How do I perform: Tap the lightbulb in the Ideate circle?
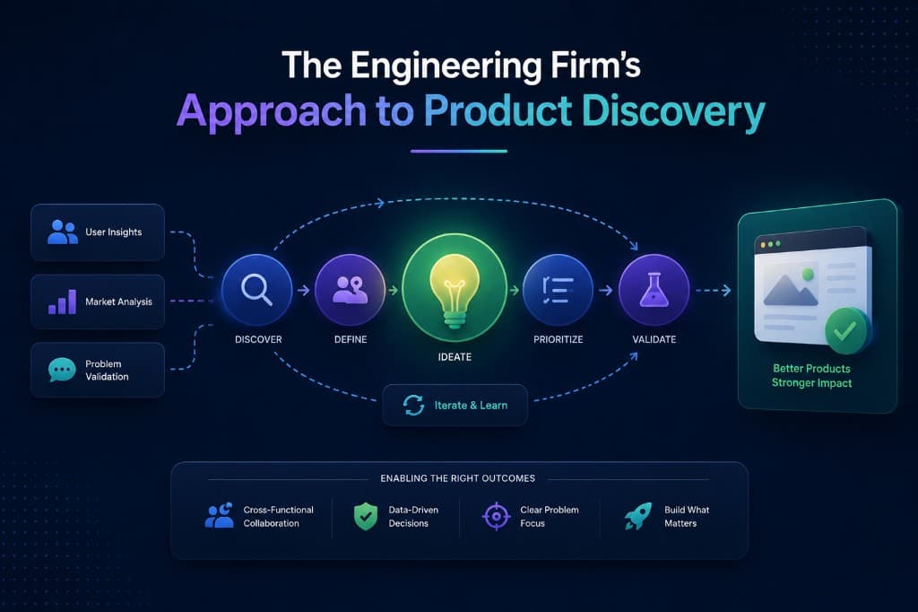click(455, 292)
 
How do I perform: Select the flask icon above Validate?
click(654, 290)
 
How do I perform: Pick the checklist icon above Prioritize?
click(558, 290)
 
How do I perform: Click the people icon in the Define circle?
click(351, 290)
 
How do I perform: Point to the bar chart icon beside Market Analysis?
click(62, 302)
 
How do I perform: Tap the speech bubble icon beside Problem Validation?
click(62, 370)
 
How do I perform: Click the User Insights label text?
click(114, 232)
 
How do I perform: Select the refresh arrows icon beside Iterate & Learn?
click(413, 405)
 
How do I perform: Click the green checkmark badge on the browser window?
click(844, 331)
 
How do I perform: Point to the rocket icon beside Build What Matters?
click(638, 517)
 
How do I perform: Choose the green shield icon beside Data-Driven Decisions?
click(366, 517)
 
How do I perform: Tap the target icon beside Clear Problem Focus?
click(497, 517)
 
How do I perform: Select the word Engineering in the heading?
click(446, 66)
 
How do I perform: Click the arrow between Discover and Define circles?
click(303, 290)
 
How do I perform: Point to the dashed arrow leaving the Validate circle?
click(713, 290)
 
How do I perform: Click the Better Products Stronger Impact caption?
click(811, 376)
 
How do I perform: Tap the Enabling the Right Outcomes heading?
click(458, 478)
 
